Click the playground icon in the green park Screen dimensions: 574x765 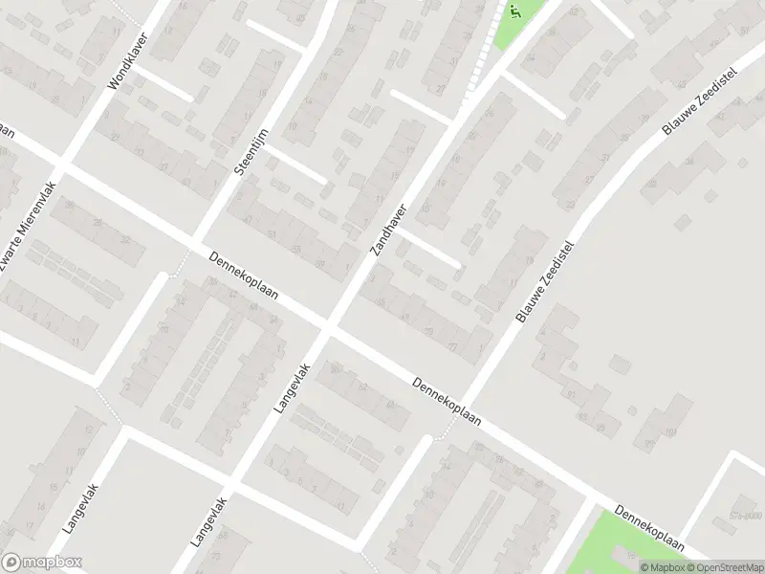[514, 11]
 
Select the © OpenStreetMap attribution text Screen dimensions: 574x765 [727, 566]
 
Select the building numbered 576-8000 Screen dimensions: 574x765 [743, 515]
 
